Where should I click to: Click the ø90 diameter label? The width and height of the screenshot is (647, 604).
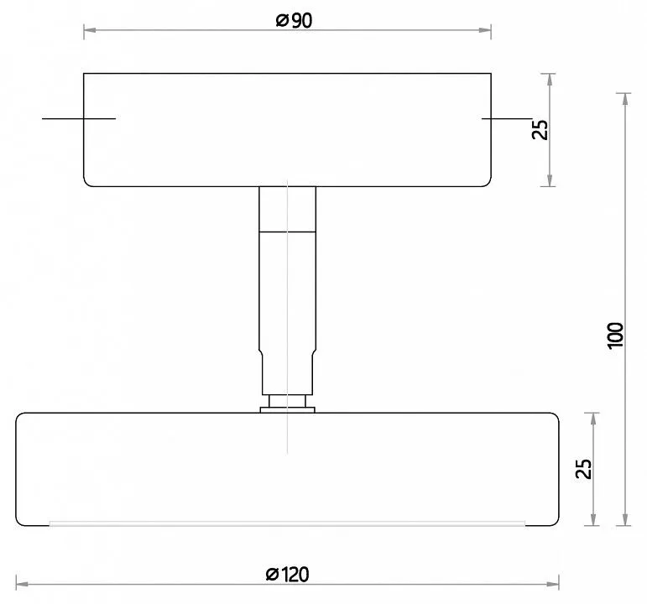[x=294, y=21]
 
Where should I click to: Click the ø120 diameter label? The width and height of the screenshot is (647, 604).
[x=288, y=575]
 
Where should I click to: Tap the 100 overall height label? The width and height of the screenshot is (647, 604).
[x=615, y=336]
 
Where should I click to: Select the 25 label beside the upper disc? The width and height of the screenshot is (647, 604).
[x=540, y=129]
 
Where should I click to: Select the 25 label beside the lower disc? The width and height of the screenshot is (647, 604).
[x=583, y=469]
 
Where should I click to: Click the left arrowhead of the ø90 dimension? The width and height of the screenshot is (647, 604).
[x=90, y=30]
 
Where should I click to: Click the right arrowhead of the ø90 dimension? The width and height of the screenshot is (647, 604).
[x=485, y=30]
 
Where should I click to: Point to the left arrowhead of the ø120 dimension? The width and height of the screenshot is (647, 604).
[x=23, y=584]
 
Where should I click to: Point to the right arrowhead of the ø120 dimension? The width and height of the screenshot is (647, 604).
[x=553, y=584]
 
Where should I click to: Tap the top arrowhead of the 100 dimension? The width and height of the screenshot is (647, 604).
[x=625, y=100]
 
